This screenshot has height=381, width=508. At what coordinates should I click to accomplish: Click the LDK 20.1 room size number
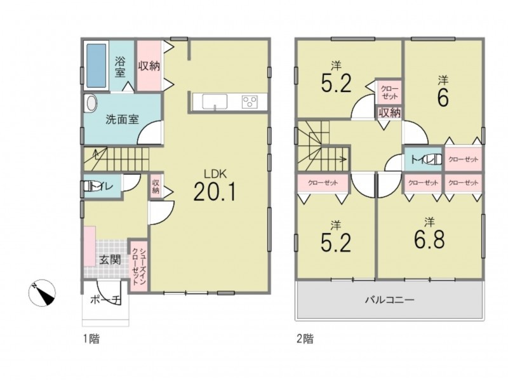pos(215,192)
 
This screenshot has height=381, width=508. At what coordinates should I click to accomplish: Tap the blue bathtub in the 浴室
pos(97,65)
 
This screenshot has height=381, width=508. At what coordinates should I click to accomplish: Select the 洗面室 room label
pos(122,119)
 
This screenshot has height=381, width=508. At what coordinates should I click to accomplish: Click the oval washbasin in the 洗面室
pos(90,104)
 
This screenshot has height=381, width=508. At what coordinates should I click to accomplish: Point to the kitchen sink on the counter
pos(215,102)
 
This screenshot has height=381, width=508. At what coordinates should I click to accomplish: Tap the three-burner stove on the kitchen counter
pos(250,102)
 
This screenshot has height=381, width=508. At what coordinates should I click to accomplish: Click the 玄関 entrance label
pos(110,260)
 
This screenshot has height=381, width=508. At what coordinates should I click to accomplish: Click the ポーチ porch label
pos(105,300)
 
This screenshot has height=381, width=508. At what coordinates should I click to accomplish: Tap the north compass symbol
pos(42,293)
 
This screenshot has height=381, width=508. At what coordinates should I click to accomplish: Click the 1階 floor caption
pos(91,339)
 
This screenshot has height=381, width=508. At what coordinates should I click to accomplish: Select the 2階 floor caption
pos(305,339)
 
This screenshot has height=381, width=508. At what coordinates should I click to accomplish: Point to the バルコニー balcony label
pos(390,300)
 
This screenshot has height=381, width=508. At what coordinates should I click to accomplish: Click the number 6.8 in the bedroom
pos(429,239)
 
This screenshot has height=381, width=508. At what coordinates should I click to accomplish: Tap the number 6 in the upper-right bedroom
pos(443,97)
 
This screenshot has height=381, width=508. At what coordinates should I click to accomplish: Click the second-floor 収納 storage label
pos(390,113)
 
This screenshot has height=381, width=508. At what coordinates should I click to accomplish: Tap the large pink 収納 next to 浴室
pos(149,66)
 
